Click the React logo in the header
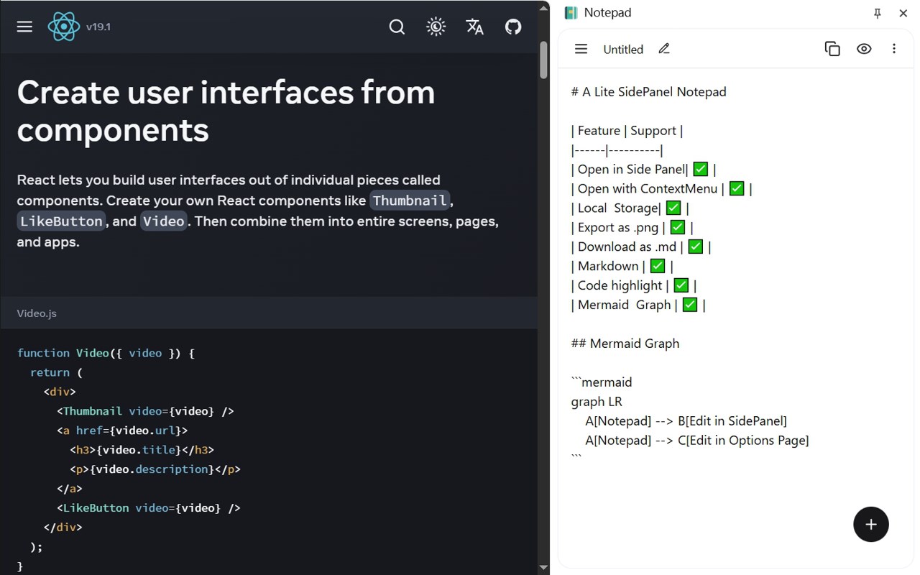click(x=64, y=27)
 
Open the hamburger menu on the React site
click(x=24, y=27)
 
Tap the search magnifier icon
click(x=397, y=27)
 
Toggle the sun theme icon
click(x=436, y=27)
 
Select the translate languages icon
click(x=474, y=27)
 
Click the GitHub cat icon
click(x=513, y=27)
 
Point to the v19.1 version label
click(x=98, y=27)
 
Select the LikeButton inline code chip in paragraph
click(x=61, y=221)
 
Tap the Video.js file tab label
click(x=37, y=313)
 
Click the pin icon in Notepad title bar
click(x=877, y=13)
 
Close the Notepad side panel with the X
click(x=903, y=13)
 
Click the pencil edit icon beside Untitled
click(x=664, y=49)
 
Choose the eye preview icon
click(x=864, y=49)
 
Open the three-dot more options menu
click(x=894, y=49)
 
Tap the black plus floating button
click(x=871, y=524)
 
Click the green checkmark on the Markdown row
click(x=657, y=266)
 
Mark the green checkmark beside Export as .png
click(x=677, y=227)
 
